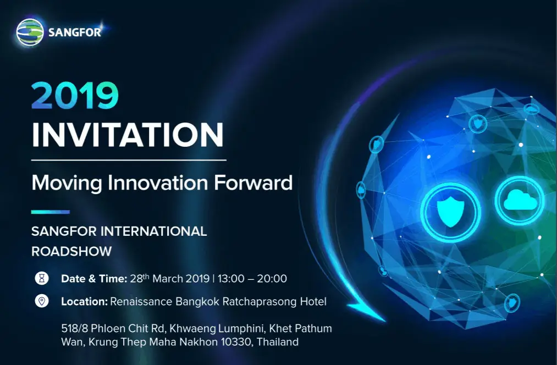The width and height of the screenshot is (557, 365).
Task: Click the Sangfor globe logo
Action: tap(30, 32)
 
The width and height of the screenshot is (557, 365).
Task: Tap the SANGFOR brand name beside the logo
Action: tap(75, 32)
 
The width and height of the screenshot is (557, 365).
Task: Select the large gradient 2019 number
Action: tap(75, 95)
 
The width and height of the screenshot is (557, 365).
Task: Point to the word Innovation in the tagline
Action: tap(158, 182)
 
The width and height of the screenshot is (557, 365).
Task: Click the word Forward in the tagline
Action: tap(253, 182)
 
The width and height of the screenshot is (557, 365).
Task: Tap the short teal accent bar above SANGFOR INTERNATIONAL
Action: tap(51, 212)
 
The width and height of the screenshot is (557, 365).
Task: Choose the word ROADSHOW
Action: tap(71, 251)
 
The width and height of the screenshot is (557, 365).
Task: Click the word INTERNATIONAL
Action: tap(154, 231)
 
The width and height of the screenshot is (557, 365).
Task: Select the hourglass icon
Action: tap(42, 278)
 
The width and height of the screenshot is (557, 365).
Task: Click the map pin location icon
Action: tap(42, 301)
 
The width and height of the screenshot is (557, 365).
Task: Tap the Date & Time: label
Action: tap(94, 279)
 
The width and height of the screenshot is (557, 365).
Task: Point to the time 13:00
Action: tap(231, 279)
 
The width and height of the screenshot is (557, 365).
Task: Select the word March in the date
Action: tap(167, 279)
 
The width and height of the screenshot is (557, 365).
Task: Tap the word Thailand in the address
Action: tap(278, 342)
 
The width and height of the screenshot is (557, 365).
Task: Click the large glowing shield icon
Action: tap(451, 212)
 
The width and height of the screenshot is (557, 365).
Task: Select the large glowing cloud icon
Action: tap(520, 200)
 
